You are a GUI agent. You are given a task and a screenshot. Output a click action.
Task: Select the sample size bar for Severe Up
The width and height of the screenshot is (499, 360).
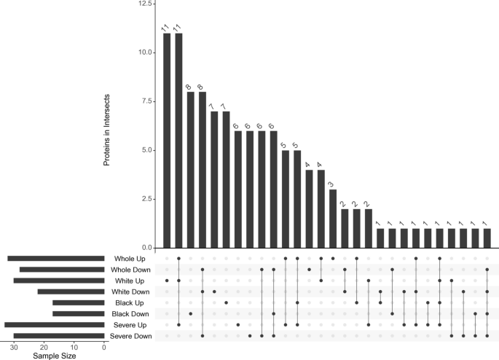55,325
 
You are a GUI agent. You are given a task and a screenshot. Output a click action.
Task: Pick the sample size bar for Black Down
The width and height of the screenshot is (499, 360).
79,313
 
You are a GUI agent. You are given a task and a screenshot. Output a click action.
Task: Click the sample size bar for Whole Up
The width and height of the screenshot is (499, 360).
56,259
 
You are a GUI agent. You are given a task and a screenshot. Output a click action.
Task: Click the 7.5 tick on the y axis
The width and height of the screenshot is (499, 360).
146,101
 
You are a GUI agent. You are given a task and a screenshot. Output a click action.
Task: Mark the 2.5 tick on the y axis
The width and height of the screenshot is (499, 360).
146,199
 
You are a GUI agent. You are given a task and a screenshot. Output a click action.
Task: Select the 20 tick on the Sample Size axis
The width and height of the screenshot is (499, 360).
44,347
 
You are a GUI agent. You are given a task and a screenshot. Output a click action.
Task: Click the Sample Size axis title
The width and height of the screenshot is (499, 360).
53,356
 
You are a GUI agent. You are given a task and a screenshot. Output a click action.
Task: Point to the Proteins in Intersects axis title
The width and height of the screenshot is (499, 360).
106,129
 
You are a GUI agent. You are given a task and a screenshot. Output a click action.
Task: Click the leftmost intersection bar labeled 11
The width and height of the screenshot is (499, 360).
167,141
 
